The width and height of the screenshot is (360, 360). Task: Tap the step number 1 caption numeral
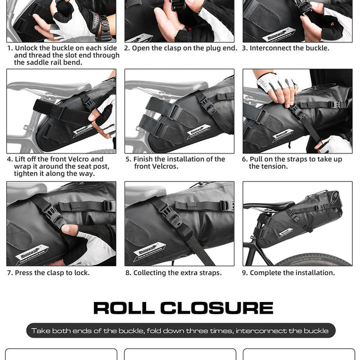pos(9,49)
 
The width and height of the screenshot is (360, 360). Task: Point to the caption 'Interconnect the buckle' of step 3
pos(289,49)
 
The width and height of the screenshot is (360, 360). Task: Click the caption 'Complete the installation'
pos(292,273)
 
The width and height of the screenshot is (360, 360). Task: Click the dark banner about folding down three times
pos(180,330)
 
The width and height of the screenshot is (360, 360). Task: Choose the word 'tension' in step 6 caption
pos(275,166)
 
